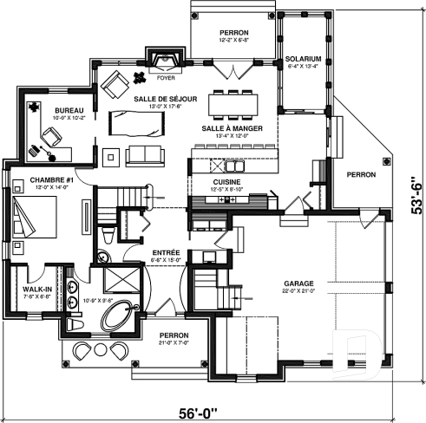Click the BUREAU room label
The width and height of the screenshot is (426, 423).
pyautogui.click(x=69, y=111)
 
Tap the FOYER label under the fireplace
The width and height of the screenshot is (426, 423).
pyautogui.click(x=166, y=76)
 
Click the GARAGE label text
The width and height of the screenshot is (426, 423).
pyautogui.click(x=298, y=283)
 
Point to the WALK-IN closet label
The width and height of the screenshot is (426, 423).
pyautogui.click(x=36, y=289)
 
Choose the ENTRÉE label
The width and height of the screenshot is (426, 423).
pyautogui.click(x=166, y=251)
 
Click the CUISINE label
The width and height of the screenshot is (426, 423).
pyautogui.click(x=207, y=181)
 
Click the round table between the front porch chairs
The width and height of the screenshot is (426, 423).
pyautogui.click(x=95, y=350)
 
